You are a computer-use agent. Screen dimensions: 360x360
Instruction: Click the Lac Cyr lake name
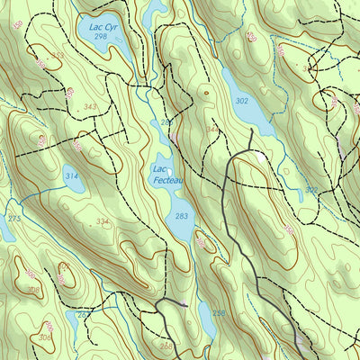tap(99, 28)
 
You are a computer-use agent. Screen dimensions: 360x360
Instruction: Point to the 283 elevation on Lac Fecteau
tap(182, 217)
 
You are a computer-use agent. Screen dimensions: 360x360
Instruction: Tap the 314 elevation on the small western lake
tap(71, 177)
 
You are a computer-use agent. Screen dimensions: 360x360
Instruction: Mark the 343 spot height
tap(90, 107)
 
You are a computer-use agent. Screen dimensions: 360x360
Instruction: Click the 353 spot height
tap(58, 56)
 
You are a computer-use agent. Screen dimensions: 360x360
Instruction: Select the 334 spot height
tap(102, 221)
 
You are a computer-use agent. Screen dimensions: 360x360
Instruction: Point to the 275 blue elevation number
tap(13, 219)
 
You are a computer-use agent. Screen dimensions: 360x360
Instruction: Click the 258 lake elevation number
tap(219, 313)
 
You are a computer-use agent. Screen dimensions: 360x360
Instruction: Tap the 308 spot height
tap(33, 289)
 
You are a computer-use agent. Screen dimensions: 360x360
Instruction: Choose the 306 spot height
tap(45, 337)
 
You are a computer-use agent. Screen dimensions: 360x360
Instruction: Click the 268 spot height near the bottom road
tap(166, 346)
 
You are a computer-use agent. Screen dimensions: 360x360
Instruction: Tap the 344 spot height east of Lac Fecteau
tap(211, 130)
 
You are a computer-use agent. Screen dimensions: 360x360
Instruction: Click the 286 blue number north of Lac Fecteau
tap(166, 122)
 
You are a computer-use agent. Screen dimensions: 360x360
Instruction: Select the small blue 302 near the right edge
tap(310, 190)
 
